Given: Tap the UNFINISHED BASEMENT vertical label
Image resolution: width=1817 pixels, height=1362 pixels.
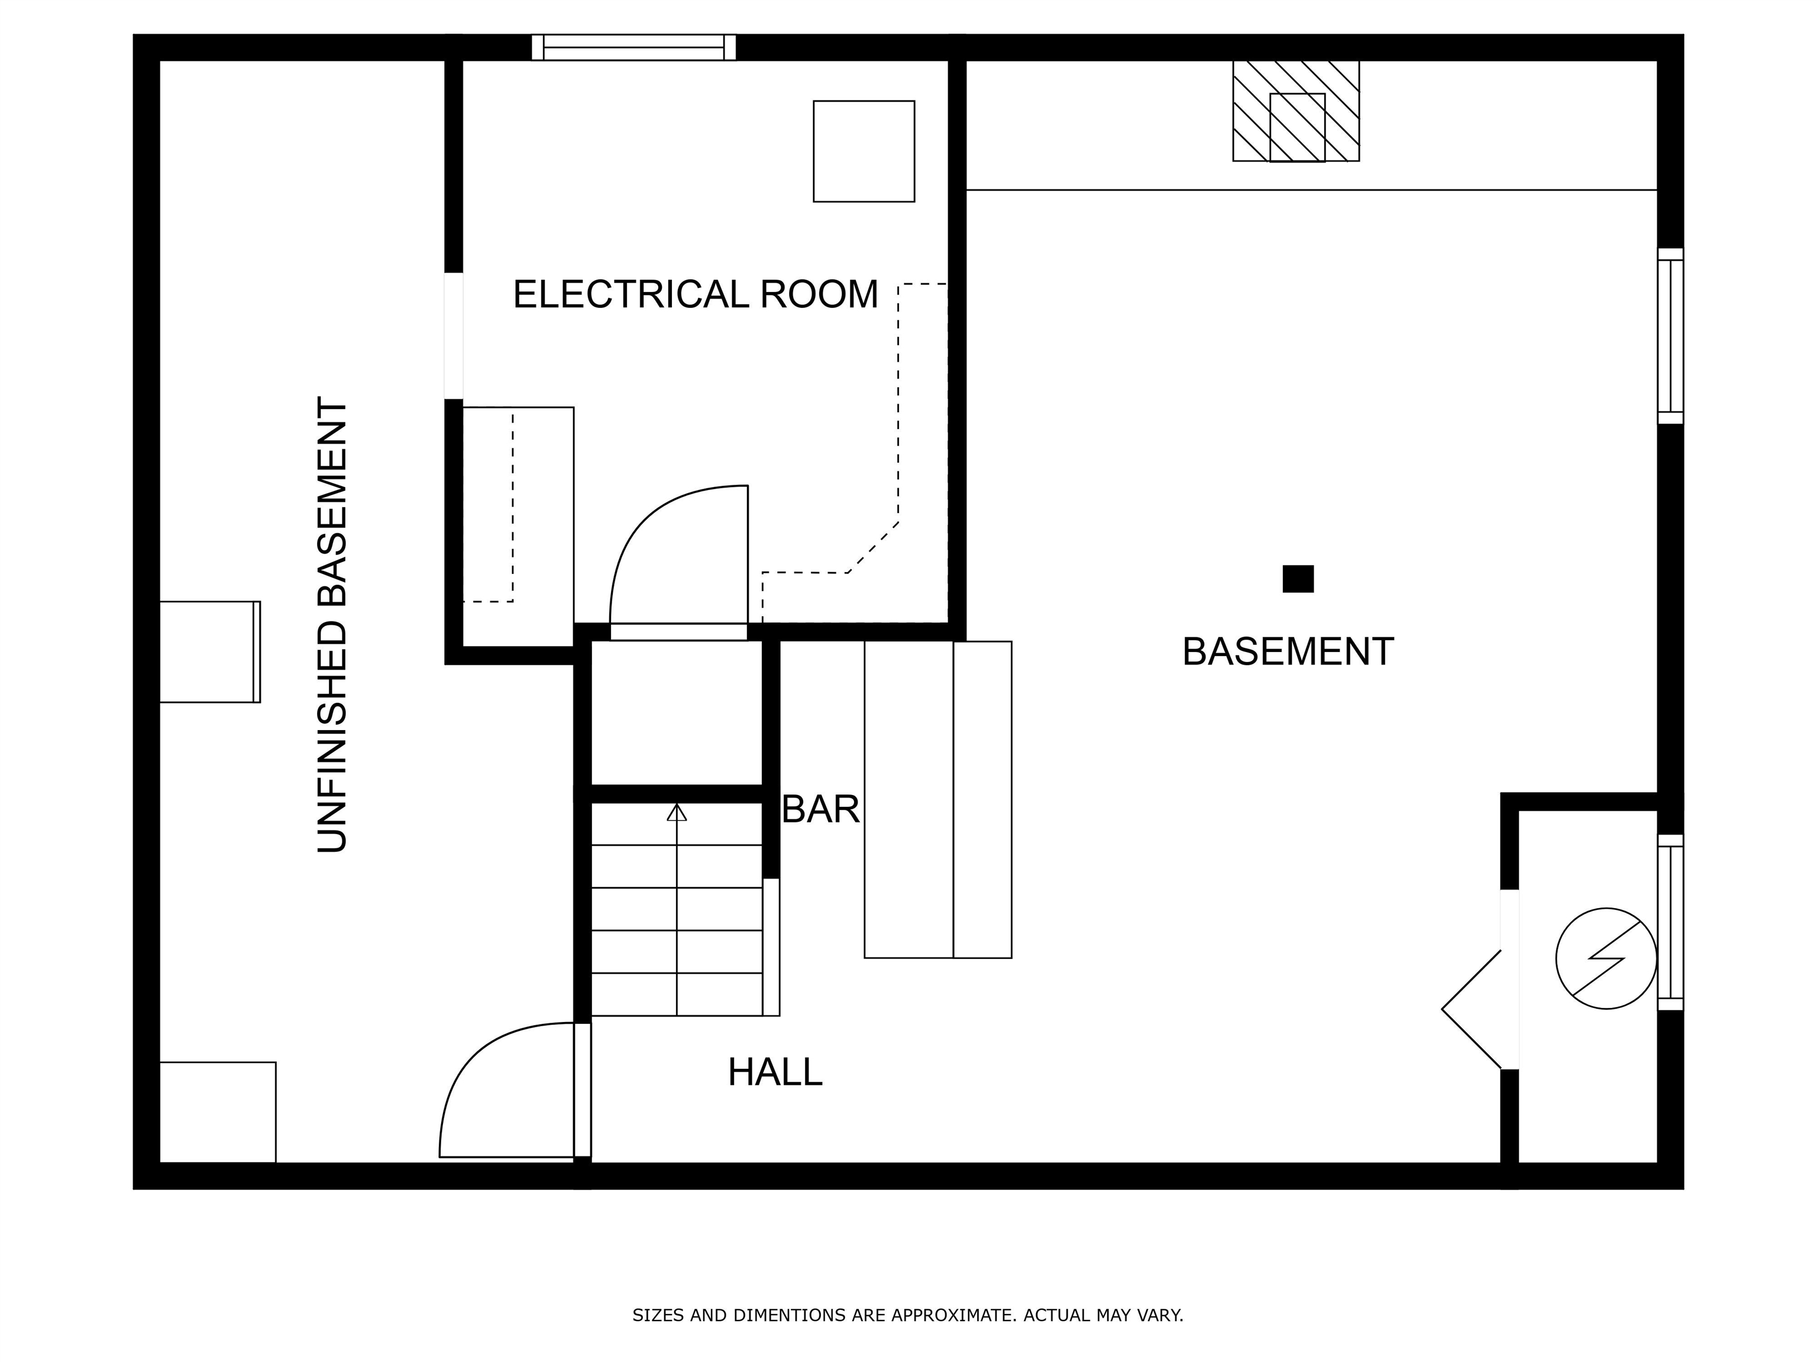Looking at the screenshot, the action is (332, 625).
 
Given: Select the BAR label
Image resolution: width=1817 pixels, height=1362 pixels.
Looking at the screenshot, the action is (820, 809).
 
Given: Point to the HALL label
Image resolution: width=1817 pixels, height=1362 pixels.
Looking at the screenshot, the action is (775, 1072).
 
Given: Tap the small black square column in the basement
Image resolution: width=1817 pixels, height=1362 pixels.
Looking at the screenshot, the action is (1298, 579).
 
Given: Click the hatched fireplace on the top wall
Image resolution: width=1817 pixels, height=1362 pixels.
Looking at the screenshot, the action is (1297, 111).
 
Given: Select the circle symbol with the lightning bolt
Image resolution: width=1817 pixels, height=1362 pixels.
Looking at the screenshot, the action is (1606, 958).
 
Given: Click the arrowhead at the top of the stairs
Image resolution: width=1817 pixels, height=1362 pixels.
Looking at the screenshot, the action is (676, 812).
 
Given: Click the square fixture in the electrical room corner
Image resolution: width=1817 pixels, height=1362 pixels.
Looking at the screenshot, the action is (864, 151).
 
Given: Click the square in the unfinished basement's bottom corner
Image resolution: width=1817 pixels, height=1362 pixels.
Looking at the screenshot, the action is (218, 1113).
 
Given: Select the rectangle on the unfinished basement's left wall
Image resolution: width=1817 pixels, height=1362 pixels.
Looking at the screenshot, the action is (209, 652).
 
